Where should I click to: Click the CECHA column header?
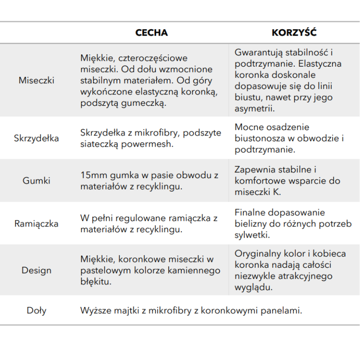pyautogui.click(x=152, y=33)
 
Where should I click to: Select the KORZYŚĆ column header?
pyautogui.click(x=294, y=33)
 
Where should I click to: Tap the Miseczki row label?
pyautogui.click(x=36, y=81)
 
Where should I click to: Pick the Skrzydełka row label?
pyautogui.click(x=36, y=138)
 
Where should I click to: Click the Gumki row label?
pyautogui.click(x=36, y=181)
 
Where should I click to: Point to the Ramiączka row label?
pyautogui.click(x=36, y=224)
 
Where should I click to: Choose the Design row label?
pyautogui.click(x=36, y=270)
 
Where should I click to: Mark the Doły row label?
pyautogui.click(x=36, y=310)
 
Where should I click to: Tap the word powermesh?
pyautogui.click(x=151, y=144)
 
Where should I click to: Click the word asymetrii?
pyautogui.click(x=254, y=108)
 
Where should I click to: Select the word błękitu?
pyautogui.click(x=95, y=282)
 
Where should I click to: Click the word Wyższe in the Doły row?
pyautogui.click(x=94, y=310)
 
